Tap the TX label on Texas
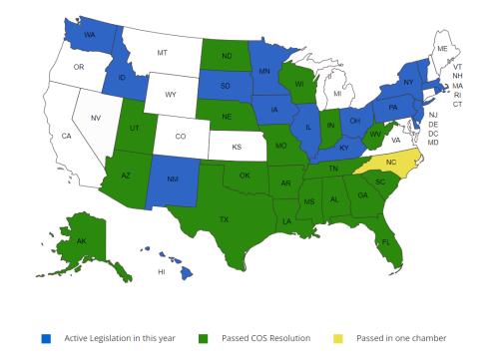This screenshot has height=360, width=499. tap(224, 219)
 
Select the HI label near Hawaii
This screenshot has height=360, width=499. tap(161, 271)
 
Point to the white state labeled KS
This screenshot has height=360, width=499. tap(238, 146)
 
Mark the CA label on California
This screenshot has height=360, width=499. tap(67, 135)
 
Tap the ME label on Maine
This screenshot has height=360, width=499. tap(440, 47)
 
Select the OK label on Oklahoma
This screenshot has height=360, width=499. tap(245, 176)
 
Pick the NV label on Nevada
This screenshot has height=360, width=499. tap(96, 118)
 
